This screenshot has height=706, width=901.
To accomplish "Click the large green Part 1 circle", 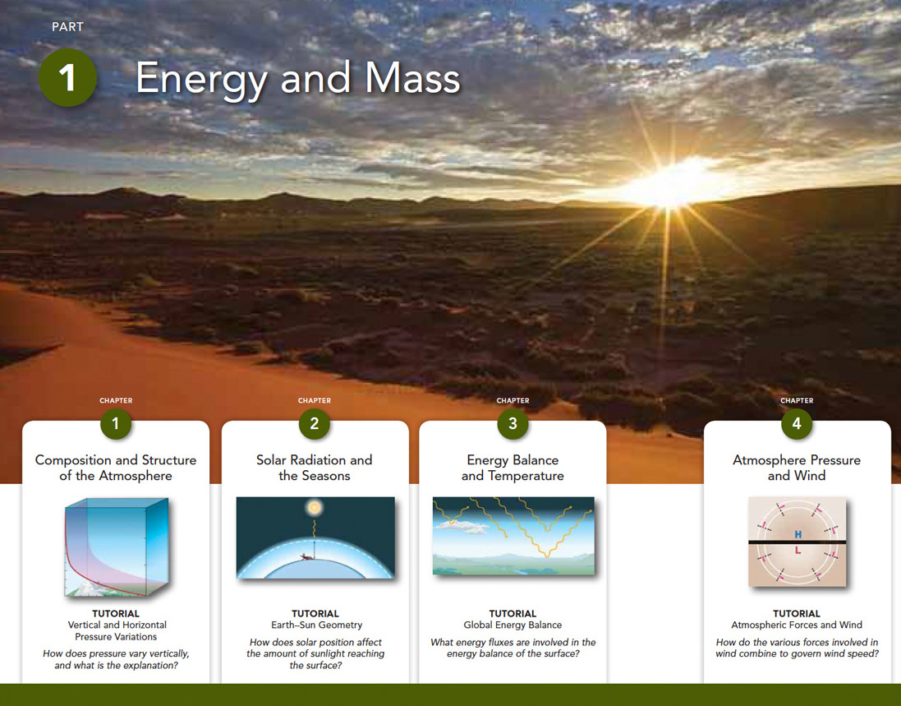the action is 67,77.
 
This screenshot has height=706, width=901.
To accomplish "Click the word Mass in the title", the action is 412,77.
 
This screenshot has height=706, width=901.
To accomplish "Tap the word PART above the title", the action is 68,27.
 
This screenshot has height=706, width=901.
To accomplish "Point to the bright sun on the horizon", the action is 669,187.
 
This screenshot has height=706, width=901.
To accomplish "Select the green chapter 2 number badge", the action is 315,424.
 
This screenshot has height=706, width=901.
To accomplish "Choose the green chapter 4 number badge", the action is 797,424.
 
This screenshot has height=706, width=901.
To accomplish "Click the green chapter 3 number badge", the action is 513,424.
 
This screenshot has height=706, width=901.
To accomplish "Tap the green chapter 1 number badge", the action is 116,424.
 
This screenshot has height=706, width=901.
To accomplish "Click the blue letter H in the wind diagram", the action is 798,535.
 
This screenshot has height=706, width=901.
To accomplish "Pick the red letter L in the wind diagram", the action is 798,550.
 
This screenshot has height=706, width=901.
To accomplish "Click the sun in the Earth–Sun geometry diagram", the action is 314,508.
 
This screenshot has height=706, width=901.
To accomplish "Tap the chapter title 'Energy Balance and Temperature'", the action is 513,468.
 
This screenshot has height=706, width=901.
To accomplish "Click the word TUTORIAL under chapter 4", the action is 797,613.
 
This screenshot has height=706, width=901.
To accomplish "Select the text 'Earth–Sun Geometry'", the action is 316,625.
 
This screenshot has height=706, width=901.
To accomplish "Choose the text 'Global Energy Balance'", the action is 513,625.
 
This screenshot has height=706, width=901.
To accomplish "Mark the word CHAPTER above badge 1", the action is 116,400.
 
